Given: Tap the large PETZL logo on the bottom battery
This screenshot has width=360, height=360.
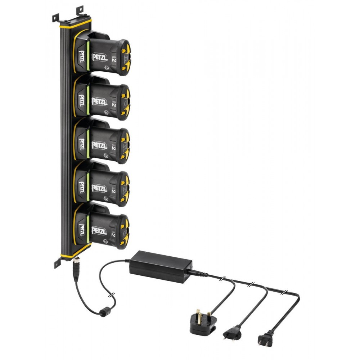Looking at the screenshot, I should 100,231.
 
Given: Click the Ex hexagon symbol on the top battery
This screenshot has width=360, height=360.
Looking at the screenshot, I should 105,67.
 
